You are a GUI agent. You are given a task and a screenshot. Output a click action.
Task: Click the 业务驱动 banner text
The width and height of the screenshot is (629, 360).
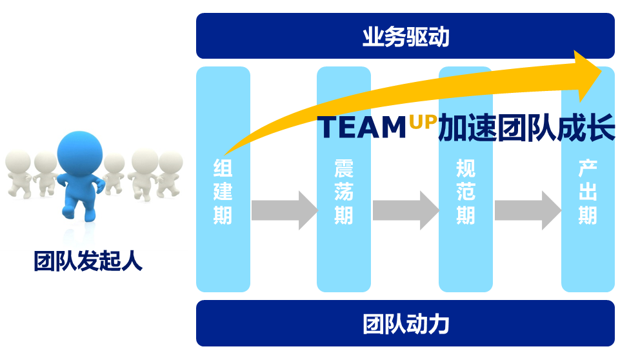[x=405, y=37]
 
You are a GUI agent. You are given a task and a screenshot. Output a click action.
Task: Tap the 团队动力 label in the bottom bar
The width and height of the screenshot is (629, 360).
[x=405, y=323]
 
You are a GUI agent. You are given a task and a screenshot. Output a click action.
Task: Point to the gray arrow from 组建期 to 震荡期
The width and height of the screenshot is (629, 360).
[x=283, y=210]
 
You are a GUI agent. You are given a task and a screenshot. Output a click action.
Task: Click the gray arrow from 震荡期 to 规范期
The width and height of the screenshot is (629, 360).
[x=404, y=210]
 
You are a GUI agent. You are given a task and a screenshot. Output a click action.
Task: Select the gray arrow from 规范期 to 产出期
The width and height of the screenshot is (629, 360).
[x=526, y=210]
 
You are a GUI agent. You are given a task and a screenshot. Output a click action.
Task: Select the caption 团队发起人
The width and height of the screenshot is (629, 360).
[x=88, y=261]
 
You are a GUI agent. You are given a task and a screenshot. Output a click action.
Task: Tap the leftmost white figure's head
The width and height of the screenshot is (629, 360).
[x=18, y=161]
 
